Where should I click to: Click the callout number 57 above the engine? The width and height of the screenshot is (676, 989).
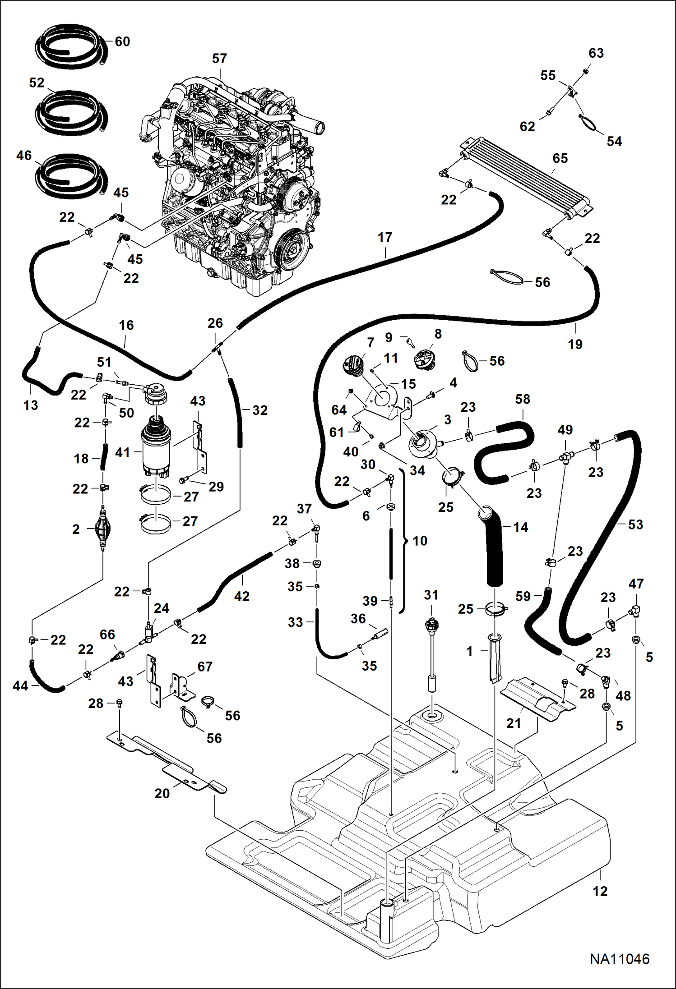(x=219, y=59)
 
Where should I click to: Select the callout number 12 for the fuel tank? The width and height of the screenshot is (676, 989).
(x=600, y=891)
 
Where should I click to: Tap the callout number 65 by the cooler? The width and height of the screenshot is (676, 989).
(x=560, y=158)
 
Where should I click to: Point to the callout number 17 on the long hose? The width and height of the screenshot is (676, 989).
(x=385, y=237)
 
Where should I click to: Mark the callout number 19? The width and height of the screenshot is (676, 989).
(x=574, y=344)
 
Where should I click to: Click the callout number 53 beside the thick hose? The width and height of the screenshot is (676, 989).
(x=635, y=524)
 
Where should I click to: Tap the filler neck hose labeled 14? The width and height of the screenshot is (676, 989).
(x=495, y=546)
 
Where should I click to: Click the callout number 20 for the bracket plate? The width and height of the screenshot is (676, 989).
(x=162, y=793)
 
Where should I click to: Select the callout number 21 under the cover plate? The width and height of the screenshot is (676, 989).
(x=514, y=723)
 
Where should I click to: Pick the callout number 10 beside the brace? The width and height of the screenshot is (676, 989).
(x=420, y=541)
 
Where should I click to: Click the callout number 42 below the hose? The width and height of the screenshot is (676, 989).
(x=242, y=596)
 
